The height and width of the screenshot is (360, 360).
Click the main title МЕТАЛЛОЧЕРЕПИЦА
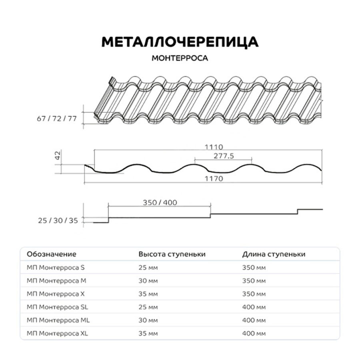[180, 42]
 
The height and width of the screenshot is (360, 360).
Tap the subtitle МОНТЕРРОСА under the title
[180, 58]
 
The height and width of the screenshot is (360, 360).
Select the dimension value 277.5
[223, 156]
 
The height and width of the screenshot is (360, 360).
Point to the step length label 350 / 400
[160, 202]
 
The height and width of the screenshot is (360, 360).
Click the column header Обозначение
[51, 254]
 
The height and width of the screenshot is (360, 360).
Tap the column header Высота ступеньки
[172, 254]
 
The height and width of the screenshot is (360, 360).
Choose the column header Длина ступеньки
[274, 254]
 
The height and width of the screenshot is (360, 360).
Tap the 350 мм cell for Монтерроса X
[254, 294]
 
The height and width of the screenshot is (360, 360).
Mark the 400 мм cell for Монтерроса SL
[254, 307]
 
